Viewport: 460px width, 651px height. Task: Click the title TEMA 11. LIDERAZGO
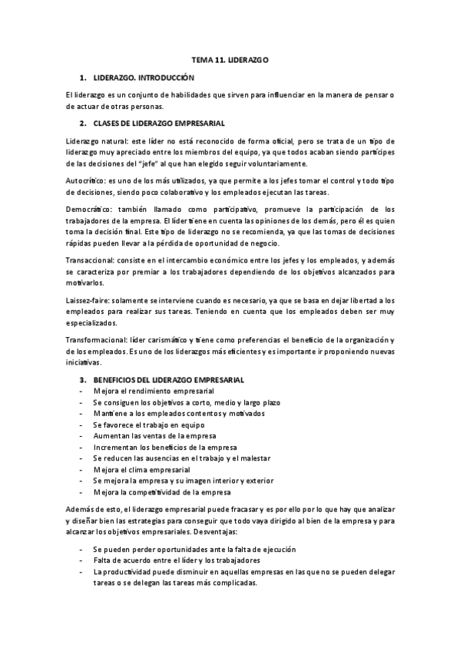pos(230,59)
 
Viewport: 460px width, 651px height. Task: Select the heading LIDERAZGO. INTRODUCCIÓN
pos(144,78)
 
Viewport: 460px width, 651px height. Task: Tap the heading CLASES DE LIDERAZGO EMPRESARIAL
pos(159,122)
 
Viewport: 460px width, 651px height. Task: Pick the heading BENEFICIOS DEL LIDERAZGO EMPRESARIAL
pos(168,380)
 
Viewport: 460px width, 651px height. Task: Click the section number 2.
pos(82,122)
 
